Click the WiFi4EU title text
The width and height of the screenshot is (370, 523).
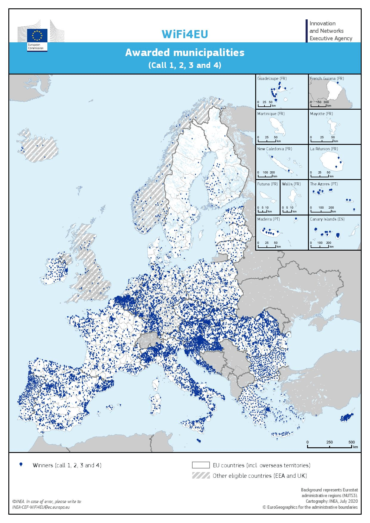pos(185,34)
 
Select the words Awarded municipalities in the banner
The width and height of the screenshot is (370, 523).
pos(185,53)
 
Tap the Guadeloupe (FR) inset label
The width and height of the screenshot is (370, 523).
pos(272,79)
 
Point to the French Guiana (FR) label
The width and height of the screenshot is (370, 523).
pos(327,79)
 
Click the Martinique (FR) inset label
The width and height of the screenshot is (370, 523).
pos(271,114)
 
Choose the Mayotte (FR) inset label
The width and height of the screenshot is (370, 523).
pos(321,114)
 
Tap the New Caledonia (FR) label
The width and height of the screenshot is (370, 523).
pos(275,149)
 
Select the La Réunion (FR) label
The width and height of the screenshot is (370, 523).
pos(324,149)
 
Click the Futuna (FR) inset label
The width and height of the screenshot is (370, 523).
pos(267,184)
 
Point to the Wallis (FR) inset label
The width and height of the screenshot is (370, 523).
pos(291,184)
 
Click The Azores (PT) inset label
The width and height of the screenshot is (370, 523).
pos(324,184)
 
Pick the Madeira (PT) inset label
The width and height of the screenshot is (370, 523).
pos(268,219)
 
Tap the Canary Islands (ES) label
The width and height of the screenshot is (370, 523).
pos(327,219)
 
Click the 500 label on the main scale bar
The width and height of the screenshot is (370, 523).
pos(352,442)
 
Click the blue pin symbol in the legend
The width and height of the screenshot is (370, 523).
pos(21,465)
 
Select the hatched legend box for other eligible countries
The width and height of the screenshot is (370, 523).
pos(201,476)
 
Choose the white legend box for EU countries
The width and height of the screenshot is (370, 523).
pos(201,465)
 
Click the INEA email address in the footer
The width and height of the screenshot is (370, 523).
pos(41,507)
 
